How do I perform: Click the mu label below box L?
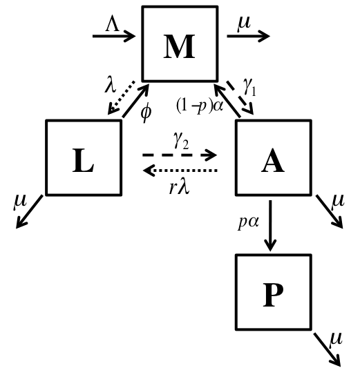tap(19, 202)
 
